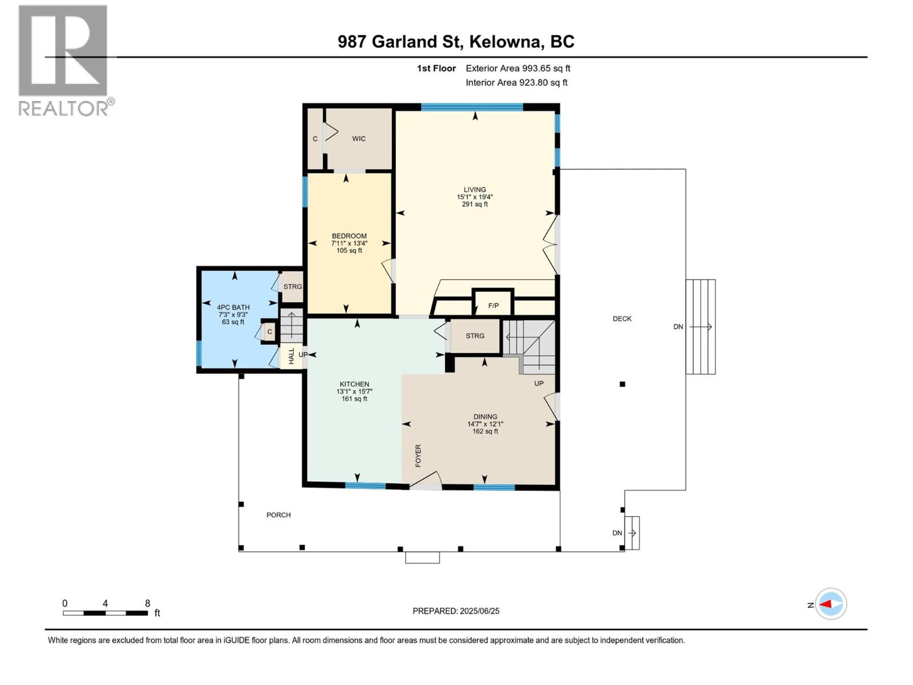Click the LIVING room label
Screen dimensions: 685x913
point(474,190)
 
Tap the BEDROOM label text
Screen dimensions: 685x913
point(349,236)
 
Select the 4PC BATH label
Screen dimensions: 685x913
point(233,307)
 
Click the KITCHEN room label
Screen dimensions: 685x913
point(354,384)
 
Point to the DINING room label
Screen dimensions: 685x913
point(485,417)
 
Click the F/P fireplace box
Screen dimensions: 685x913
point(494,306)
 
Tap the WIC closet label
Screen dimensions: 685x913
point(358,139)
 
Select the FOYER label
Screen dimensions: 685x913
point(418,456)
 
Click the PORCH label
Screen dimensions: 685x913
point(278,515)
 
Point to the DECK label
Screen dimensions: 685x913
point(622,319)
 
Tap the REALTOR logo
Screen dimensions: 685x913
point(64,60)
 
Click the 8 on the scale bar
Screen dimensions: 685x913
point(147,603)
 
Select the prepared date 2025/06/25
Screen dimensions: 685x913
point(456,611)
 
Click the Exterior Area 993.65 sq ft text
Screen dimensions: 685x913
point(518,68)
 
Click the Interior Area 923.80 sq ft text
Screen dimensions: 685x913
point(516,82)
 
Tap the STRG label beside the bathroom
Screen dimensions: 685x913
point(292,287)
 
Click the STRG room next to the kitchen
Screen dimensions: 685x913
point(475,336)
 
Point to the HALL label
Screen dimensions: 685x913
point(292,356)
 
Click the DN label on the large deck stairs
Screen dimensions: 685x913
point(678,327)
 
